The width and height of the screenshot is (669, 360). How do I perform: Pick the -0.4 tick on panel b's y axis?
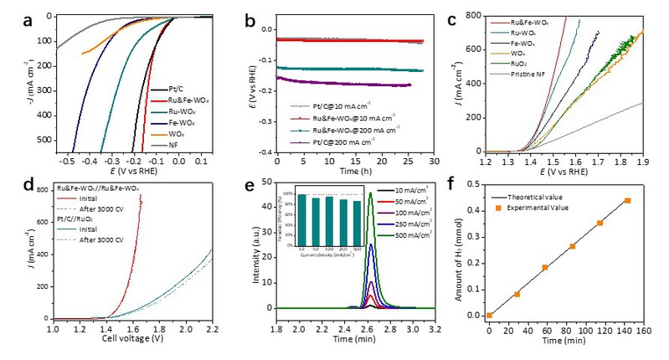click(265, 153)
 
